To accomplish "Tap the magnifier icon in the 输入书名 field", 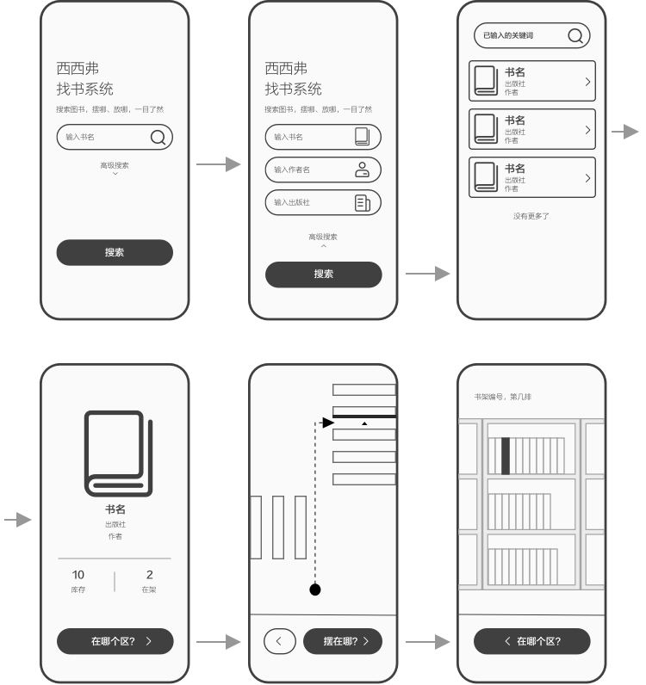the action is (x=158, y=137).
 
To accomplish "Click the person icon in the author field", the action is (x=362, y=170).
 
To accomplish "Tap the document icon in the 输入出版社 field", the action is (x=362, y=203).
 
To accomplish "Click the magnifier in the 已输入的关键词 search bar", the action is (x=575, y=35).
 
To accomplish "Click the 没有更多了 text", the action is (x=531, y=216).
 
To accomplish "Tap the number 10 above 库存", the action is (x=78, y=575).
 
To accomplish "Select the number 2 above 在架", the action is (x=150, y=575).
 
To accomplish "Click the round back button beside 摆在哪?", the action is (x=279, y=641).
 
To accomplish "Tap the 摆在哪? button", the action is (x=343, y=641).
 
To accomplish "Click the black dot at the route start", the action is (x=315, y=589).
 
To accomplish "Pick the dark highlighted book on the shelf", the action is (x=505, y=455).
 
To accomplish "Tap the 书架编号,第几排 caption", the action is (x=502, y=397).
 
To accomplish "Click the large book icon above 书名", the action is (x=118, y=454).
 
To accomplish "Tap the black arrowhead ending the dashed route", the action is (x=328, y=423).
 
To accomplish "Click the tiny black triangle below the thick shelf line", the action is (x=364, y=423).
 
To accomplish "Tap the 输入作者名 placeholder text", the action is (x=292, y=170).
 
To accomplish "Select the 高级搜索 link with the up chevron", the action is (x=323, y=240).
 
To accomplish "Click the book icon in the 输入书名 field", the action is (x=362, y=137).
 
